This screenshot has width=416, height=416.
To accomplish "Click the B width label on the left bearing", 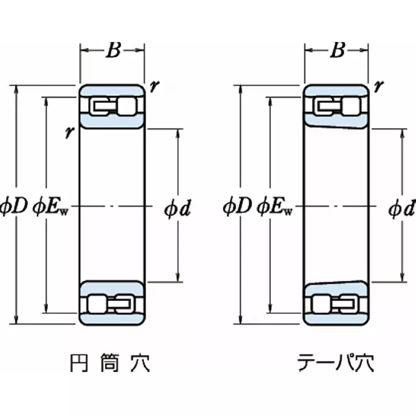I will pos(113,50).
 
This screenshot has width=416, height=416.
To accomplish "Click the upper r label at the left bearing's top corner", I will pos(154,87).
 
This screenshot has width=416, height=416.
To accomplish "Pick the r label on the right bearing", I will pos(379,87).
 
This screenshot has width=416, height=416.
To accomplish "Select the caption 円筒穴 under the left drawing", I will pos(110,363).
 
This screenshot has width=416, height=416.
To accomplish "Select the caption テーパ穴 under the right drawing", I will pos(335,363).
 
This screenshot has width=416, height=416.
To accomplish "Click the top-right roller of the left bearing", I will pos(126,107).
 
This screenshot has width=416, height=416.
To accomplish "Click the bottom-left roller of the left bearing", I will pos(96,303).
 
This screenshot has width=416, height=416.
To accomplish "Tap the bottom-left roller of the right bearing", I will pos(320,303).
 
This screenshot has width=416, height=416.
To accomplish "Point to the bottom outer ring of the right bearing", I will pos(337,318).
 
